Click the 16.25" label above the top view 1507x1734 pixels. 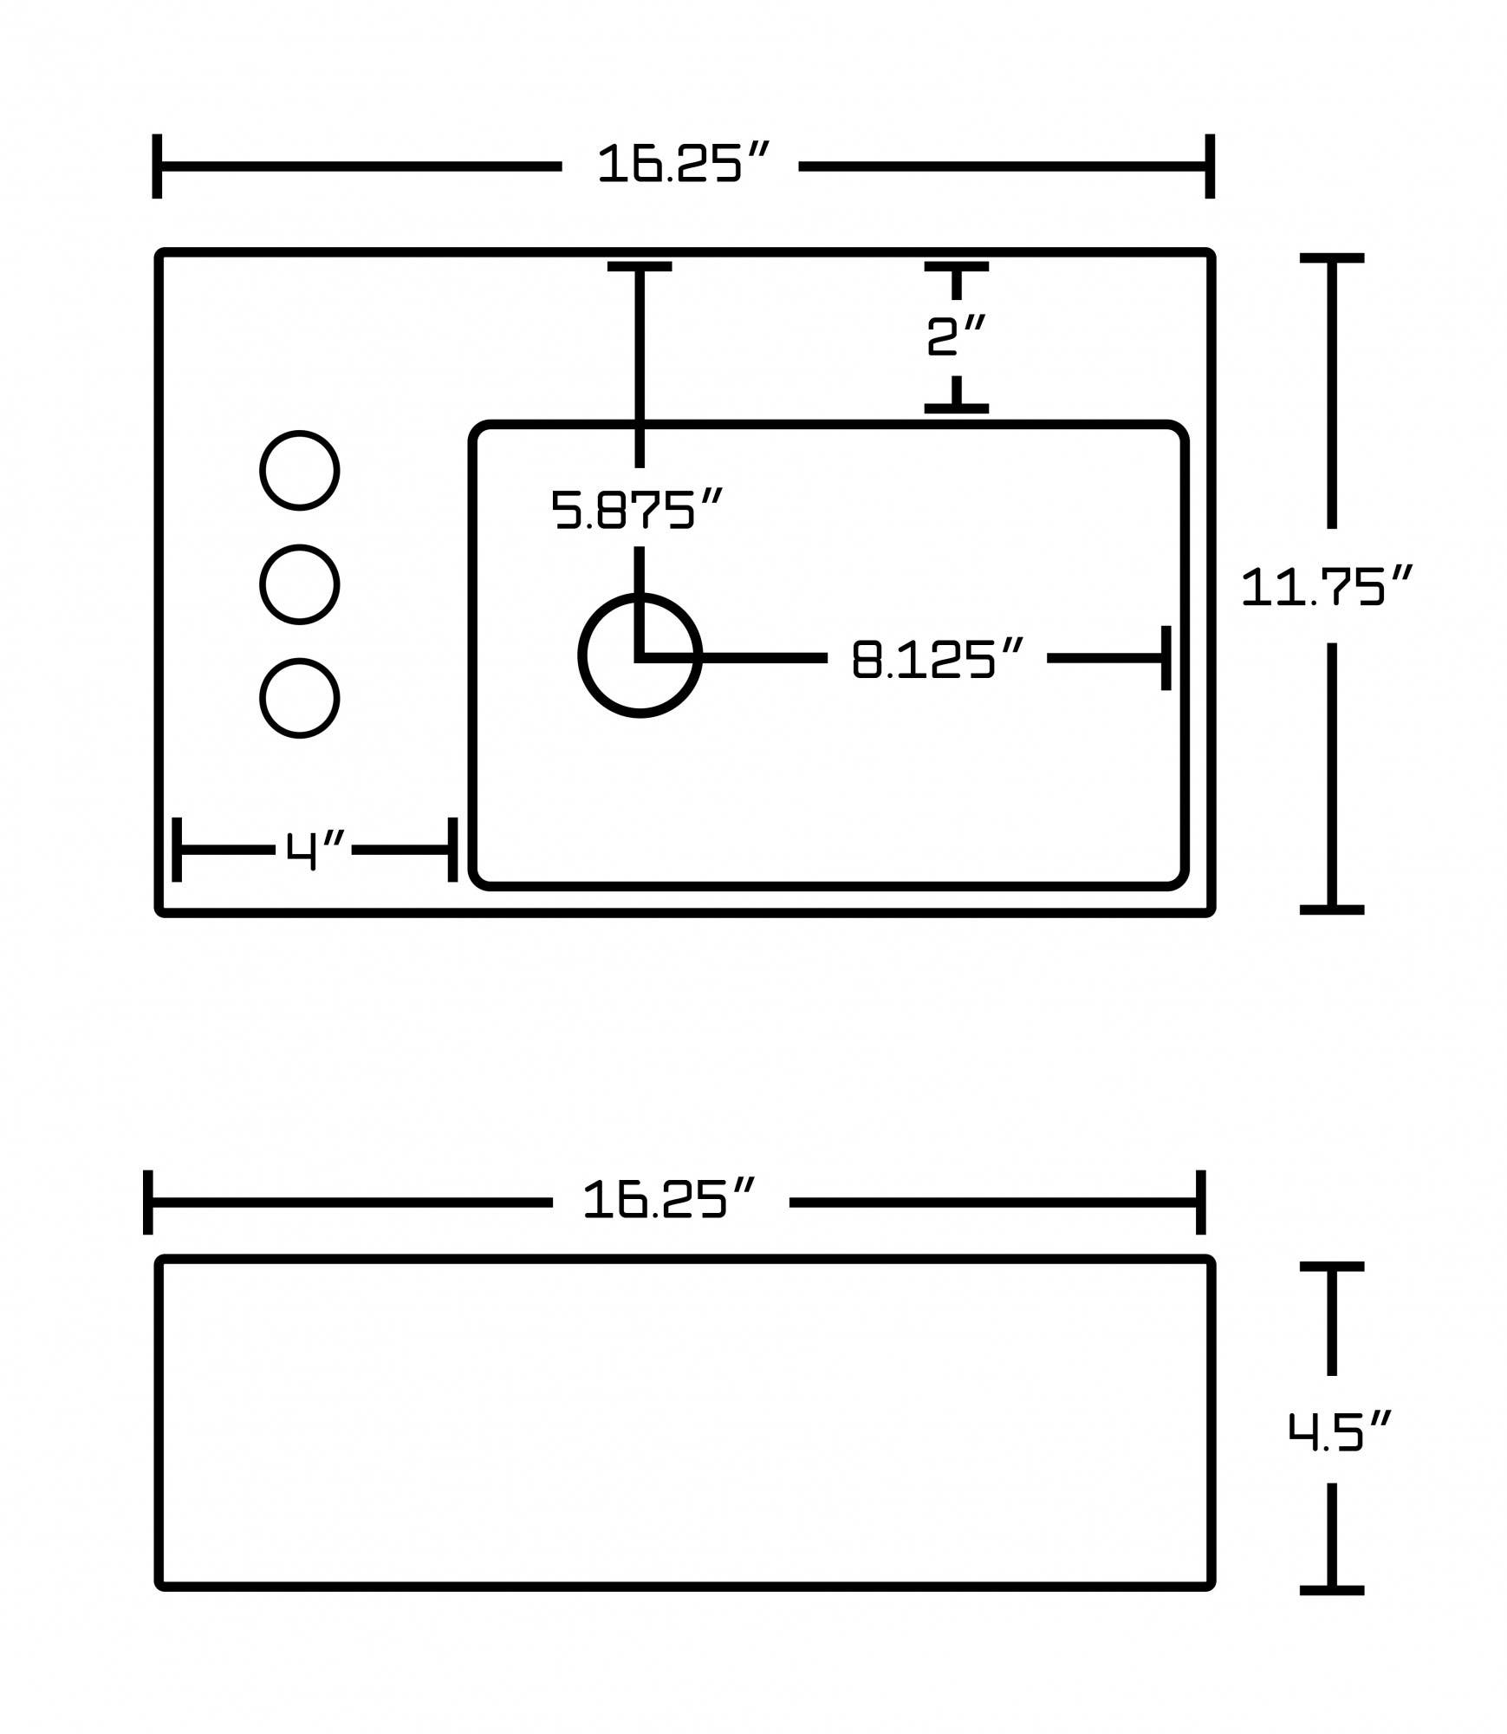click(x=681, y=164)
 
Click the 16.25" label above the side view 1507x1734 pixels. click(x=669, y=1201)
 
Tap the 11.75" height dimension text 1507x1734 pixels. click(x=1326, y=587)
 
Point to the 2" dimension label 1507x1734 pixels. click(x=956, y=336)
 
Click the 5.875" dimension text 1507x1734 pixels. click(x=637, y=510)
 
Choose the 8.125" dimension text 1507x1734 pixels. click(x=938, y=659)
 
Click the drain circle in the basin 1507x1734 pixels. click(x=640, y=655)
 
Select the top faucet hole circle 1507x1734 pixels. click(x=299, y=470)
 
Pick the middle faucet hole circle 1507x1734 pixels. click(x=299, y=584)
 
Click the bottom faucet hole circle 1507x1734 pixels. click(x=299, y=698)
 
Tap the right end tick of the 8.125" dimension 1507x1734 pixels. click(x=1166, y=658)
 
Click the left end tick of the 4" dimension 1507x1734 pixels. click(x=177, y=849)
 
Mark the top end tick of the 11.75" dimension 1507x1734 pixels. click(x=1331, y=258)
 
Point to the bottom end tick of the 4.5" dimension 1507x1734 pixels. click(x=1331, y=1590)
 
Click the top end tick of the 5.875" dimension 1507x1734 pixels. click(x=640, y=267)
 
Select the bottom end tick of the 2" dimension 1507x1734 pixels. click(x=956, y=407)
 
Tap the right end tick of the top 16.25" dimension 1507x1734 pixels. click(x=1210, y=166)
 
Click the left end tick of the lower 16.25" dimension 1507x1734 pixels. click(x=148, y=1202)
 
